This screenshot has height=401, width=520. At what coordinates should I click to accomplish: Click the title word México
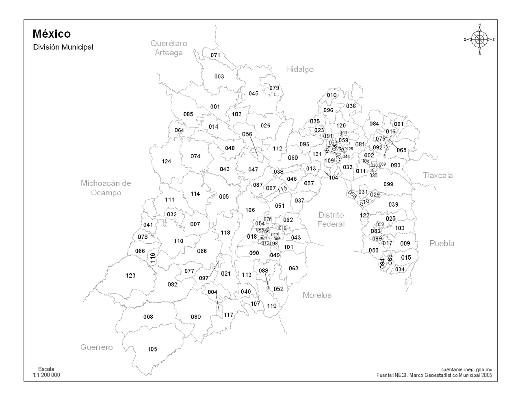(52, 34)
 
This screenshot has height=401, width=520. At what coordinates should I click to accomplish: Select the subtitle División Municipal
(63, 47)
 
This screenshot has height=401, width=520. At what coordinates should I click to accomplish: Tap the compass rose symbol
(479, 39)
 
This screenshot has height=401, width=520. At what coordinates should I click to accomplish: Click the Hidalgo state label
(300, 69)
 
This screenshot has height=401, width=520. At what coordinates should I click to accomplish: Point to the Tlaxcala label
(438, 175)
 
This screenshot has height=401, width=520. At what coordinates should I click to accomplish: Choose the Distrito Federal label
(331, 219)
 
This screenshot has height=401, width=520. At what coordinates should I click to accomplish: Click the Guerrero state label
(96, 347)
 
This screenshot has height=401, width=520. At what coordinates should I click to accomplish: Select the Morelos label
(317, 295)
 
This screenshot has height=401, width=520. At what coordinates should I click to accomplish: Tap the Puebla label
(442, 244)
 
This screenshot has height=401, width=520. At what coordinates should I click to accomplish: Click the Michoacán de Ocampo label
(106, 188)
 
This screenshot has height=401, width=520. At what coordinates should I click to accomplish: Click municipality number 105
(152, 349)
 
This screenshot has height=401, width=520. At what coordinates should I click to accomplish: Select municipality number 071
(215, 55)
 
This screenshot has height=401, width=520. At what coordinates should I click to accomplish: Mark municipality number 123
(130, 276)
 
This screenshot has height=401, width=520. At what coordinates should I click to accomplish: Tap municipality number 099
(388, 184)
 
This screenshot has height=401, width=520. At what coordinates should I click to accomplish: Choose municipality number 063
(293, 268)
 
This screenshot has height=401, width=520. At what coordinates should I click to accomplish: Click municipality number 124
(166, 162)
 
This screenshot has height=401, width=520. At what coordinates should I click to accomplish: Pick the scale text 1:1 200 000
(46, 375)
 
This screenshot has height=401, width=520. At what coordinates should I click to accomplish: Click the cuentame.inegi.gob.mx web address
(466, 370)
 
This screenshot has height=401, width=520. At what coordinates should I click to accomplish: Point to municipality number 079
(274, 88)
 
